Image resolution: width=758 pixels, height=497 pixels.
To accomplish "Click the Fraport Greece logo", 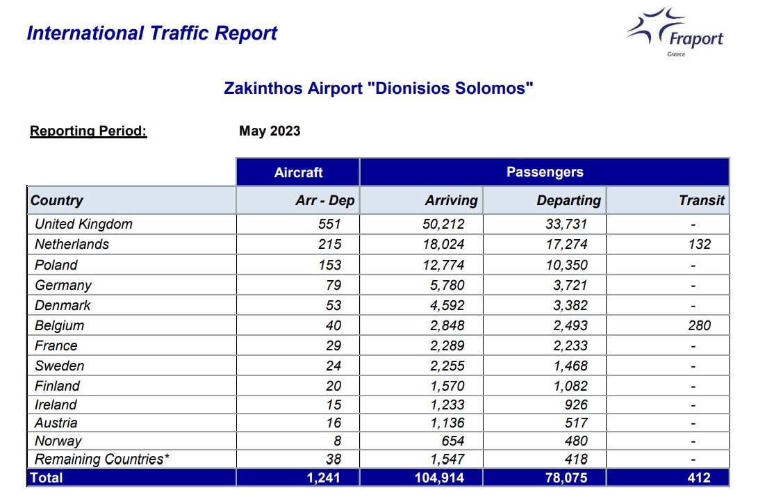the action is pos(675,32).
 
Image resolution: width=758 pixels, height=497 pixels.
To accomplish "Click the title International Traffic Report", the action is pos(151,33).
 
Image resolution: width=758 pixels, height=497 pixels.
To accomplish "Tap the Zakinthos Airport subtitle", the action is pos(379,88).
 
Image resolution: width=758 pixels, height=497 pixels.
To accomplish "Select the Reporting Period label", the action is pos(88,131).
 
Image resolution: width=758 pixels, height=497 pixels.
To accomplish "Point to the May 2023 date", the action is pos(270,131).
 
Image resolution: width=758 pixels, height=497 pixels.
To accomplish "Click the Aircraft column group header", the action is pos(298,172).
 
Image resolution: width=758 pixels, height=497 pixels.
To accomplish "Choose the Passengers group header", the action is pos(545,172).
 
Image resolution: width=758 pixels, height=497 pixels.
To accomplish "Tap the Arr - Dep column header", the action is pos(325,200).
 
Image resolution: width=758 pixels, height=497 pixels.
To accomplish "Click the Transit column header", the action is pos(702,200).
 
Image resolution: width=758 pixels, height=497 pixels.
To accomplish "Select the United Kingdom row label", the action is pos(83,224).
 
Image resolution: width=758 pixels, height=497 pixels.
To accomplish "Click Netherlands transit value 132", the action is pos(700,244).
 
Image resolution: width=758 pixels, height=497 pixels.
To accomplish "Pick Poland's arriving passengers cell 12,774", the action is pos(443,265).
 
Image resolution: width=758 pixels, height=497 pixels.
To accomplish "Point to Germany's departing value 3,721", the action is pos(570,285).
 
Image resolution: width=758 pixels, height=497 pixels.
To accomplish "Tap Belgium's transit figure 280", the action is pos(700,325).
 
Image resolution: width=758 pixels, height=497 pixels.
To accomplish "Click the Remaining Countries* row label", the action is pos(102,459).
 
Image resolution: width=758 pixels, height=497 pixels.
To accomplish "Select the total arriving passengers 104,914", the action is pos(439,478).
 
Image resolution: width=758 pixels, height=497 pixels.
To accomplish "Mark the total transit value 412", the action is pos(699,478).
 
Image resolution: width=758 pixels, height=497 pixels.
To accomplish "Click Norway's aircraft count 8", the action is pos(337,441).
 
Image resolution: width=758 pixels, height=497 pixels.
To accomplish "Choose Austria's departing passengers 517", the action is pos(576,423).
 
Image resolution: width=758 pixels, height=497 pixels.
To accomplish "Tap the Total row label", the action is pos(47,478).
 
